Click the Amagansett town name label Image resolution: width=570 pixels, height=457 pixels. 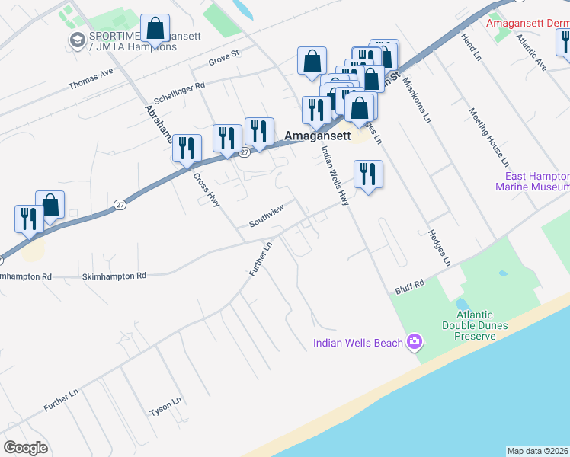317,136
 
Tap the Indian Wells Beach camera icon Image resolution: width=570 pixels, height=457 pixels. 415,342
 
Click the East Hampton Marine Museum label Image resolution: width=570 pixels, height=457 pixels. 532,181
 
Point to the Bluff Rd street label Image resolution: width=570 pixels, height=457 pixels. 409,286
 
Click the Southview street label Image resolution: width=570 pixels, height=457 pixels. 267,216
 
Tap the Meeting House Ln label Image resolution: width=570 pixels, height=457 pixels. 488,136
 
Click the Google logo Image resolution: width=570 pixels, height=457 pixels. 25,448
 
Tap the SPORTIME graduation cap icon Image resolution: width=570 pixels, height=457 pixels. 77,40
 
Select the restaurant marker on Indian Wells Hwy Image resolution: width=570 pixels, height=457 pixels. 368,174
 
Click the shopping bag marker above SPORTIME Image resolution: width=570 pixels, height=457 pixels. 155,29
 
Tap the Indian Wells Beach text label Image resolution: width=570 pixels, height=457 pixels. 357,343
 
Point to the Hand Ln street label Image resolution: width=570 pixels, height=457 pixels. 472,47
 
